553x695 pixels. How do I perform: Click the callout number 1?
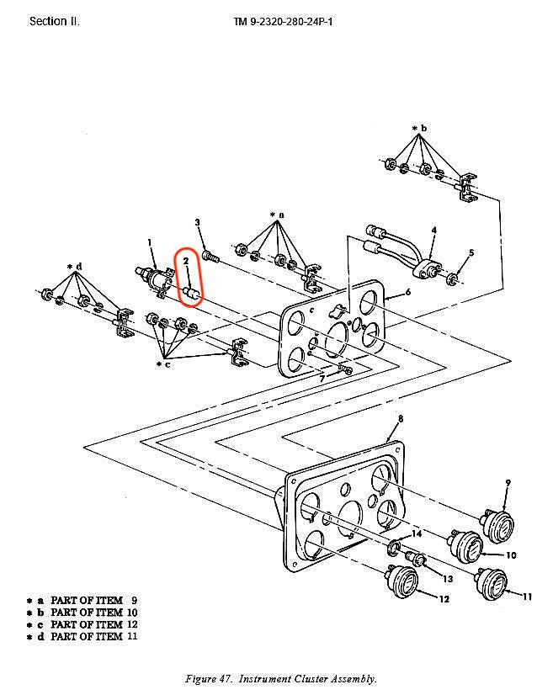click(x=151, y=242)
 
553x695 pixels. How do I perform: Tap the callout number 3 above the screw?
click(x=198, y=222)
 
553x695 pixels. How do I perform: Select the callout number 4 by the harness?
click(x=434, y=230)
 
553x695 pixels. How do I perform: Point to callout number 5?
click(x=471, y=252)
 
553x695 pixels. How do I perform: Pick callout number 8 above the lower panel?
click(x=401, y=418)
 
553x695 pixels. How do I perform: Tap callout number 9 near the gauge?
click(x=508, y=482)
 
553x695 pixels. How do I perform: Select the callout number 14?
click(x=416, y=533)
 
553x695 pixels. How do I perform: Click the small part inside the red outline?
click(x=191, y=294)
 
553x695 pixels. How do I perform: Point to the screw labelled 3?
click(x=210, y=250)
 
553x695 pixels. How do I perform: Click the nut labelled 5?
click(x=454, y=278)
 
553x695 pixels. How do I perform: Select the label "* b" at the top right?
click(x=420, y=129)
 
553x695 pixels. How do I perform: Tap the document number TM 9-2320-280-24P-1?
click(x=284, y=21)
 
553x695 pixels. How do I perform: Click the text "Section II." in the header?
click(x=55, y=21)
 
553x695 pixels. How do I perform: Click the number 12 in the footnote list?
click(x=133, y=624)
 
